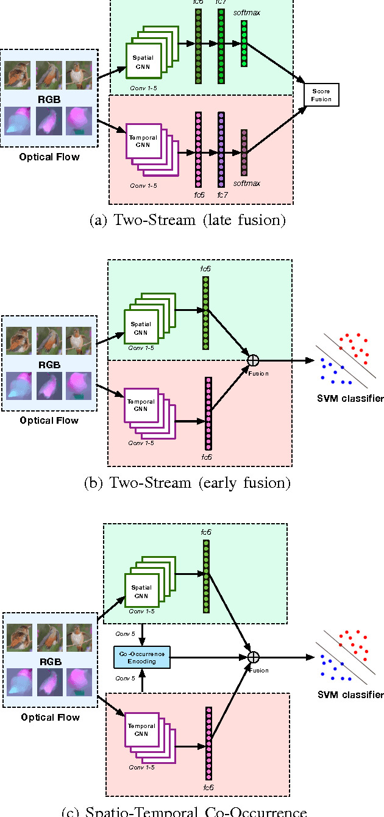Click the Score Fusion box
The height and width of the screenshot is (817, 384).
[x=321, y=93]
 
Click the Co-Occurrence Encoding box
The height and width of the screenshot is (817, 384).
[x=141, y=657]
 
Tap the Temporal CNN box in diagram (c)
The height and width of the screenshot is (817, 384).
[x=141, y=730]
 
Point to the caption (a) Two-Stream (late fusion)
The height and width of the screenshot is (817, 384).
[x=187, y=221]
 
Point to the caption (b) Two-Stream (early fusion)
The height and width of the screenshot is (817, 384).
[x=187, y=483]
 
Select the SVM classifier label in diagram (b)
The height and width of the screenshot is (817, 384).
[x=350, y=399]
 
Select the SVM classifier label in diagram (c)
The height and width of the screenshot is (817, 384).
[x=350, y=694]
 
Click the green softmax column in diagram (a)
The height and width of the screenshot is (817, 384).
[x=244, y=43]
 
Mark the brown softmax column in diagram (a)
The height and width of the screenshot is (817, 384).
[x=244, y=152]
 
